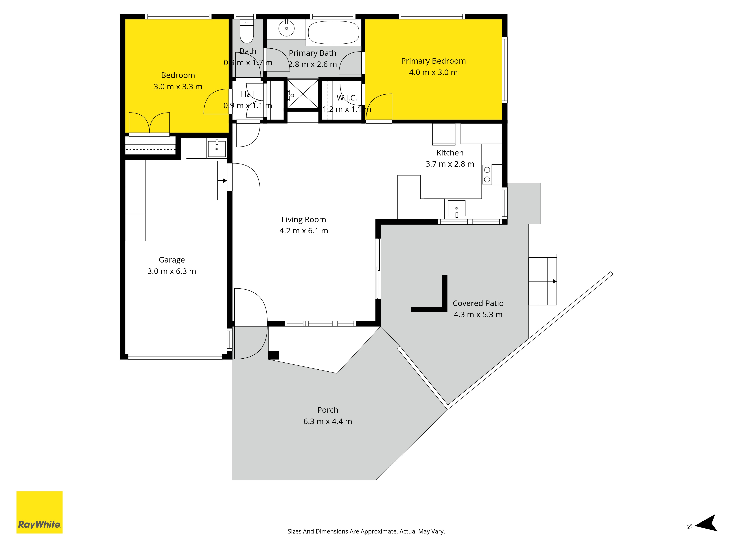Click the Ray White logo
pyautogui.click(x=39, y=512)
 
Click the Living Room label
pyautogui.click(x=304, y=219)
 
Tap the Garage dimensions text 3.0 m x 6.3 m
pyautogui.click(x=172, y=271)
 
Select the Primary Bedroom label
pyautogui.click(x=433, y=61)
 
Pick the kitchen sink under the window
pyautogui.click(x=457, y=208)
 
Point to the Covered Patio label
pyautogui.click(x=478, y=303)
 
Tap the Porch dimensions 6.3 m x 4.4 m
pyautogui.click(x=328, y=421)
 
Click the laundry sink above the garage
pyautogui.click(x=217, y=148)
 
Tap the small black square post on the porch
pyautogui.click(x=273, y=355)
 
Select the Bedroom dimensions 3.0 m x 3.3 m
pyautogui.click(x=178, y=87)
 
